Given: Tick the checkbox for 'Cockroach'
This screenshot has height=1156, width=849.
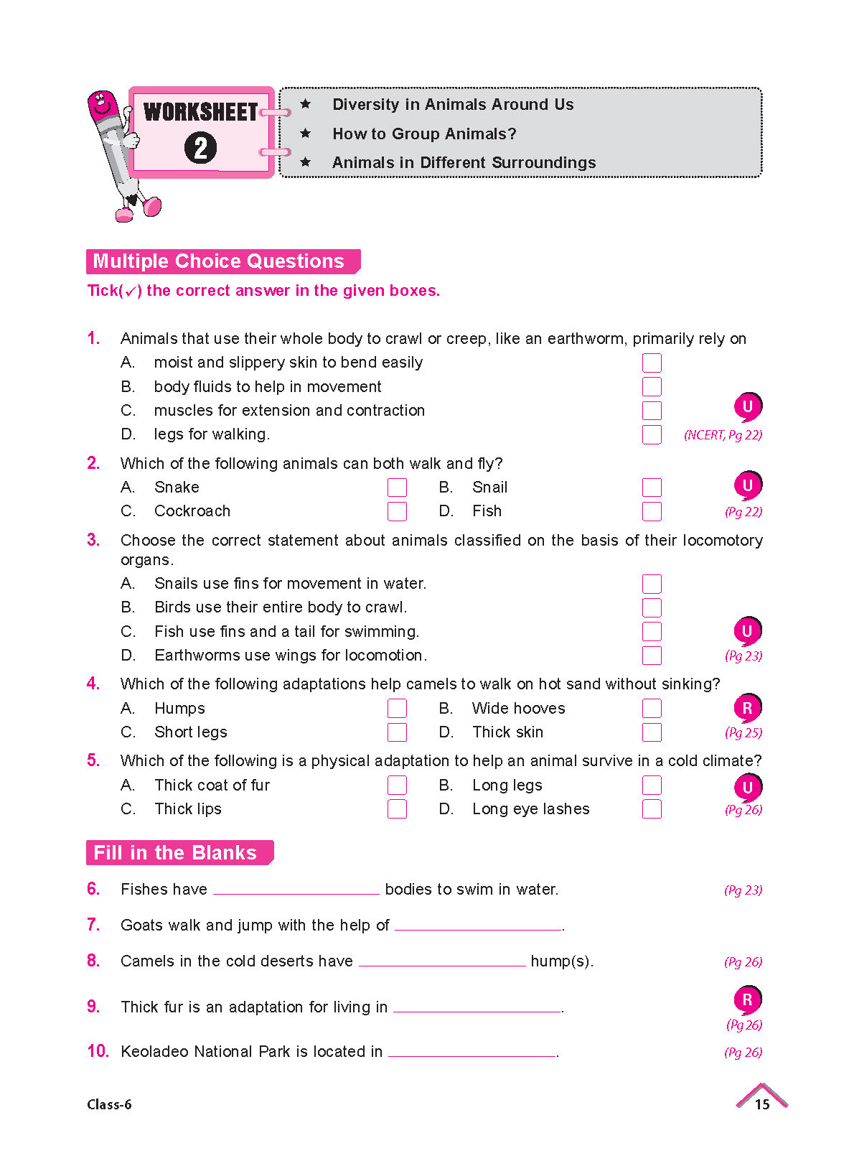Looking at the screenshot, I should pyautogui.click(x=397, y=511).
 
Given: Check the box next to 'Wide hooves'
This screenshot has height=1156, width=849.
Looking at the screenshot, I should pyautogui.click(x=652, y=709).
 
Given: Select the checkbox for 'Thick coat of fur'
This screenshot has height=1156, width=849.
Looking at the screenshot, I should pyautogui.click(x=397, y=786).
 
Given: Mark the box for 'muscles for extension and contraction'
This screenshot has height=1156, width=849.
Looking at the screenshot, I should pyautogui.click(x=652, y=411).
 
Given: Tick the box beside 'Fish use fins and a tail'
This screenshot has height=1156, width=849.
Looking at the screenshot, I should pyautogui.click(x=652, y=632).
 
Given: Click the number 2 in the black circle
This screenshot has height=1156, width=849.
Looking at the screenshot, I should pyautogui.click(x=200, y=149).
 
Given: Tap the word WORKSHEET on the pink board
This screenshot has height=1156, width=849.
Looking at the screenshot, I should pyautogui.click(x=200, y=112).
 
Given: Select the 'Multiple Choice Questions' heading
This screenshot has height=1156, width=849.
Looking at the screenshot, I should pyautogui.click(x=219, y=261).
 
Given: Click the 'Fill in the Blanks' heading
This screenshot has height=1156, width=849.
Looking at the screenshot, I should pyautogui.click(x=175, y=853).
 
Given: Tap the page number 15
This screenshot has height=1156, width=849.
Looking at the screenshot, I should pyautogui.click(x=761, y=1104).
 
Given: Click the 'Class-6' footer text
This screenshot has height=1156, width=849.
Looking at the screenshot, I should pyautogui.click(x=109, y=1104).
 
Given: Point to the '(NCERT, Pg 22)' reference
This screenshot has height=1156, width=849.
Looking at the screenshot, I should pyautogui.click(x=723, y=435).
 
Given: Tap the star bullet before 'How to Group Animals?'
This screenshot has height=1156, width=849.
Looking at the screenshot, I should pyautogui.click(x=306, y=134).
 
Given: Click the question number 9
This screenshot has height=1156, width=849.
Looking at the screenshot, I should pyautogui.click(x=93, y=1007).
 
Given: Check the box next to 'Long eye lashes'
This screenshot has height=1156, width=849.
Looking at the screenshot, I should pyautogui.click(x=652, y=809).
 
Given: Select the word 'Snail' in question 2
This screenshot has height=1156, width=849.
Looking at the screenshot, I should pyautogui.click(x=489, y=488).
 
